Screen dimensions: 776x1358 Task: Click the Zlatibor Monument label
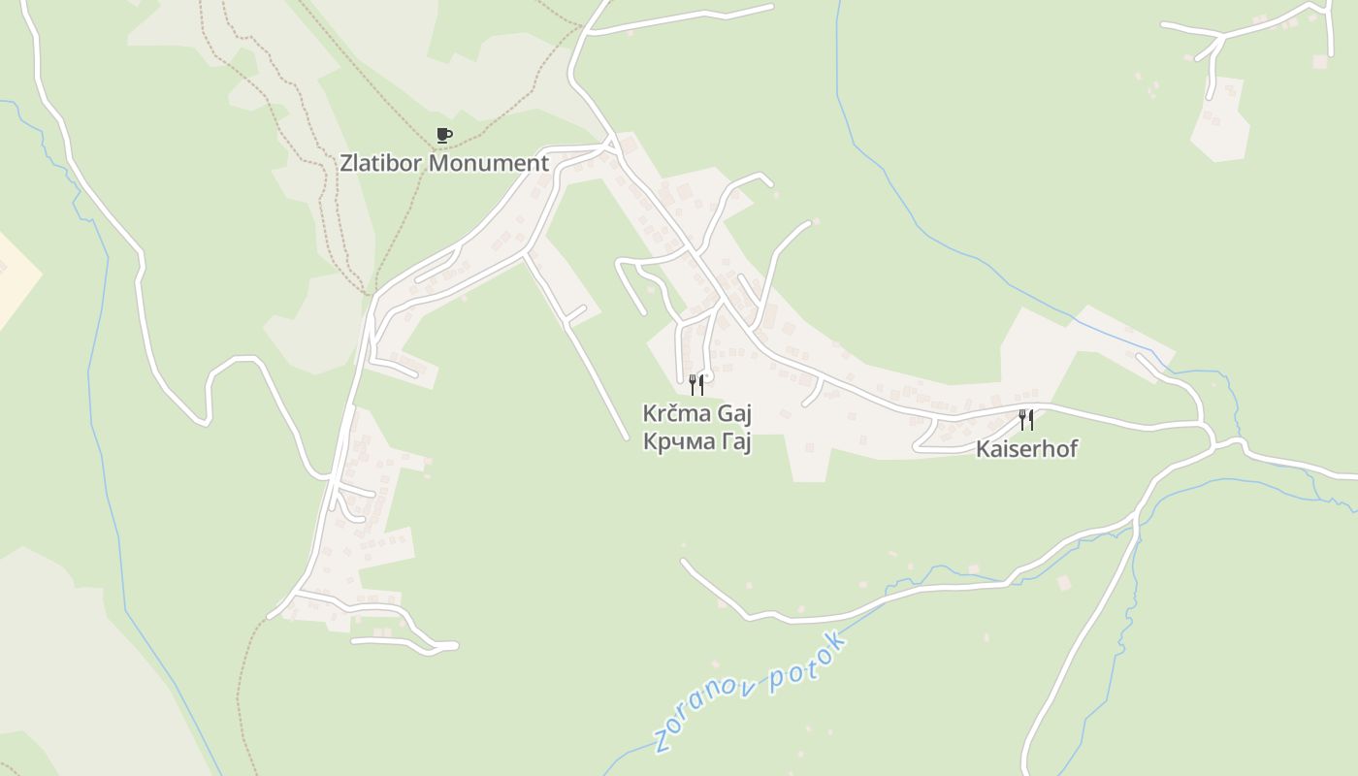point(444,163)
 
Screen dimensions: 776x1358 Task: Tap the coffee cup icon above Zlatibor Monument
point(444,135)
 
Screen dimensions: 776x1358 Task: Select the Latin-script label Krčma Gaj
point(697,414)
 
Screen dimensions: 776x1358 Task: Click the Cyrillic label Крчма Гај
point(697,442)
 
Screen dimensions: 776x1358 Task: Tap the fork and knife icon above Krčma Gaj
point(696,385)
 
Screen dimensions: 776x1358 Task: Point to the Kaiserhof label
point(1026,449)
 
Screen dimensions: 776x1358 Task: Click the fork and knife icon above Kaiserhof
point(1026,420)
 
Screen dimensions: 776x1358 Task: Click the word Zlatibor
point(381,163)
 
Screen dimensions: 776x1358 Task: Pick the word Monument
point(489,163)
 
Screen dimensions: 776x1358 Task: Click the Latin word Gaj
point(734,414)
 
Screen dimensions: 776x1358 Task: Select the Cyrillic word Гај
point(734,442)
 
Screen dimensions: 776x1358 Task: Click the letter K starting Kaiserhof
point(982,449)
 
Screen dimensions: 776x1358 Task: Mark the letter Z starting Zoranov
point(663,741)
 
